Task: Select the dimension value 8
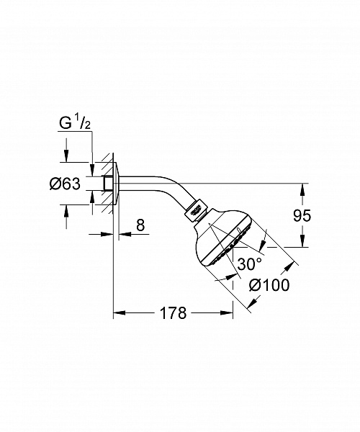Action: pos(140,225)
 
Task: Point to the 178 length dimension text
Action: pos(173,313)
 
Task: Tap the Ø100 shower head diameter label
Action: pos(269,285)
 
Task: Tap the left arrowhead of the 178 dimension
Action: pos(120,313)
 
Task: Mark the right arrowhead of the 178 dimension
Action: pos(228,313)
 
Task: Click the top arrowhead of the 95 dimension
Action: pos(303,188)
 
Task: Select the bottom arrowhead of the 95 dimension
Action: pos(303,242)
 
